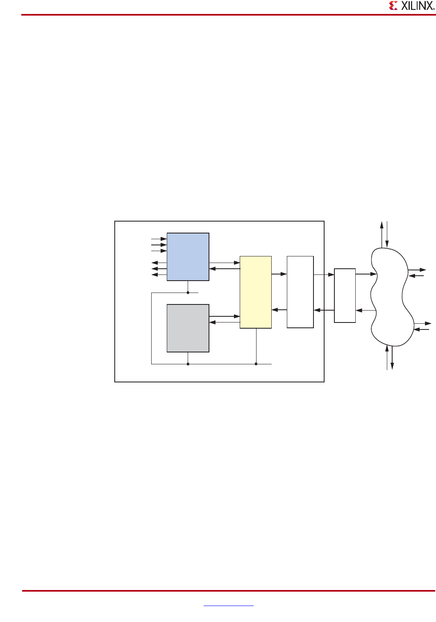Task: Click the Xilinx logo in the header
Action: pos(411,6)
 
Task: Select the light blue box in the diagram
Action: pos(188,257)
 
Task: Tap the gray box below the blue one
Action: pos(188,328)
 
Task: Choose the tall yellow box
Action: pos(255,292)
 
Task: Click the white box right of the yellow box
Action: pos(300,292)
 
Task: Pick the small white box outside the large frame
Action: pos(345,295)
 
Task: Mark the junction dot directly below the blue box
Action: pos(188,293)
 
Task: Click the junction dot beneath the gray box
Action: pos(188,364)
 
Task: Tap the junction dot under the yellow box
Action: pos(256,364)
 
